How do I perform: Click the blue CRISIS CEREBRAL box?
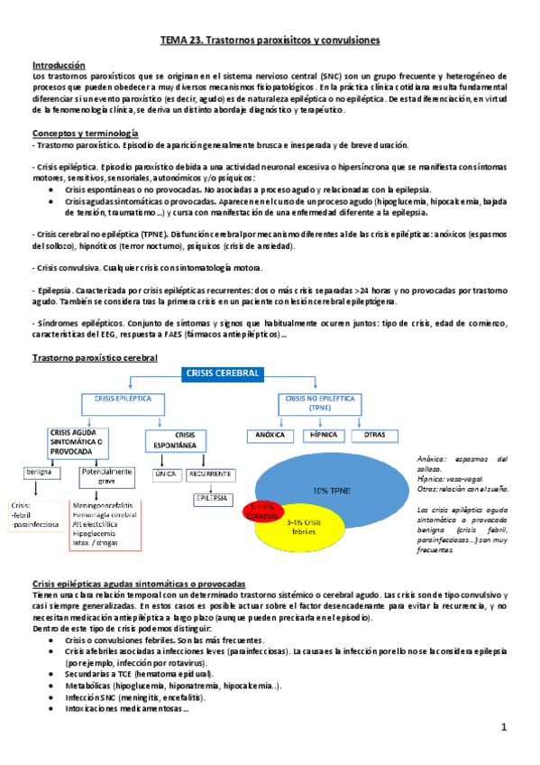[223, 373]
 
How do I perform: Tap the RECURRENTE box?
[211, 473]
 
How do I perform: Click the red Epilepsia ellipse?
[266, 510]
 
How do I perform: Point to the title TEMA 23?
[270, 41]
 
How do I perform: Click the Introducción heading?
[59, 65]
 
